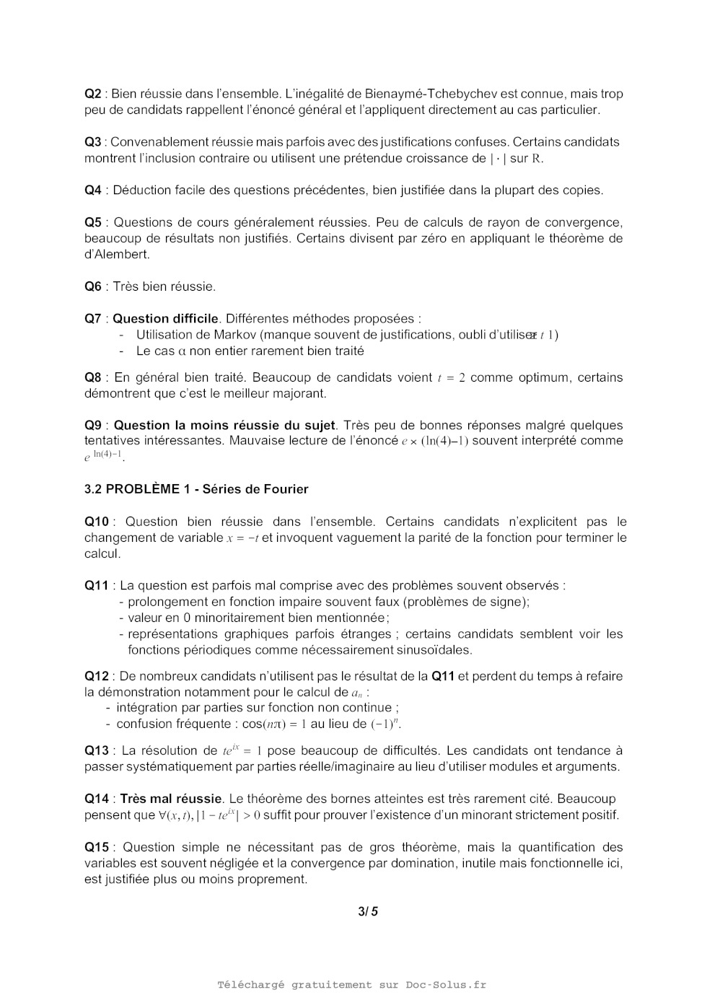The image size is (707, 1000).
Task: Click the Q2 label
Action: pyautogui.click(x=93, y=94)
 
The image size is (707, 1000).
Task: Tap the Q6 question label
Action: pyautogui.click(x=93, y=286)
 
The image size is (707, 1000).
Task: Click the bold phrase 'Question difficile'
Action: pyautogui.click(x=165, y=318)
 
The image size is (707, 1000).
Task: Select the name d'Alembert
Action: pyautogui.click(x=117, y=255)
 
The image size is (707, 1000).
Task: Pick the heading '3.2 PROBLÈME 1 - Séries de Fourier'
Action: pyautogui.click(x=196, y=489)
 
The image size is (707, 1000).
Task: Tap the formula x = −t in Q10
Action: pyautogui.click(x=242, y=538)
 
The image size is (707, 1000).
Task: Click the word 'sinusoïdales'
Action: pyautogui.click(x=431, y=650)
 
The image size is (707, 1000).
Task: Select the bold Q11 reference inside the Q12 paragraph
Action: pyautogui.click(x=443, y=676)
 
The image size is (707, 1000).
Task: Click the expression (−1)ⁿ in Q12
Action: pyautogui.click(x=386, y=724)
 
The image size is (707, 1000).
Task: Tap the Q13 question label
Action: pyautogui.click(x=97, y=750)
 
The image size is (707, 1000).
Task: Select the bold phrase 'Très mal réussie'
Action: pyautogui.click(x=170, y=799)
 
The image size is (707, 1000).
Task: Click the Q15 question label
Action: pyautogui.click(x=97, y=847)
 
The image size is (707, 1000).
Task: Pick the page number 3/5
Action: pyautogui.click(x=368, y=911)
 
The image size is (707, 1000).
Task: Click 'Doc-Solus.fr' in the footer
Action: pyautogui.click(x=445, y=985)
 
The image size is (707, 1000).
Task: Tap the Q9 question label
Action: pyautogui.click(x=93, y=425)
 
